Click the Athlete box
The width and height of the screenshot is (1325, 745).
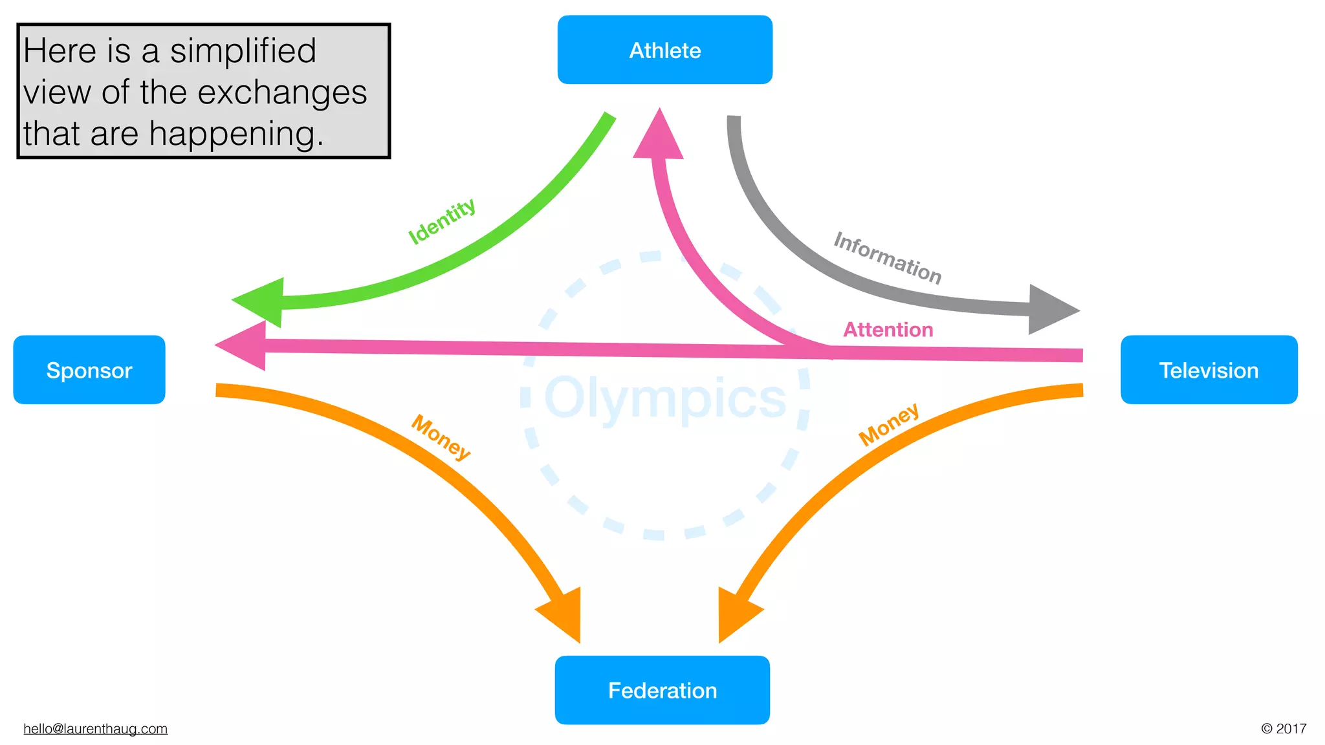point(664,50)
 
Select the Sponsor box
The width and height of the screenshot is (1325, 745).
point(89,370)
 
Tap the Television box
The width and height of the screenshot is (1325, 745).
point(1209,370)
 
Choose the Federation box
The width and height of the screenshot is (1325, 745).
point(662,690)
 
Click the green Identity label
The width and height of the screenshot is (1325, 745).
point(442,221)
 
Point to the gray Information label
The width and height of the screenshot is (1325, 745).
point(887,258)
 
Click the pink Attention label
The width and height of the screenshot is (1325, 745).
point(888,330)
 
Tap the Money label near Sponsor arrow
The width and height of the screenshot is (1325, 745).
point(441,437)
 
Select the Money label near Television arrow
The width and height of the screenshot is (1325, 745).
point(888,424)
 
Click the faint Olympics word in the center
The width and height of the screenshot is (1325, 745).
point(665,398)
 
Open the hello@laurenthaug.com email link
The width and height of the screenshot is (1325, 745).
point(95,729)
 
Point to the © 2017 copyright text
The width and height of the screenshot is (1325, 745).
point(1284,729)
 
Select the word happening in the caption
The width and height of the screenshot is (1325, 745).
point(236,134)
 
